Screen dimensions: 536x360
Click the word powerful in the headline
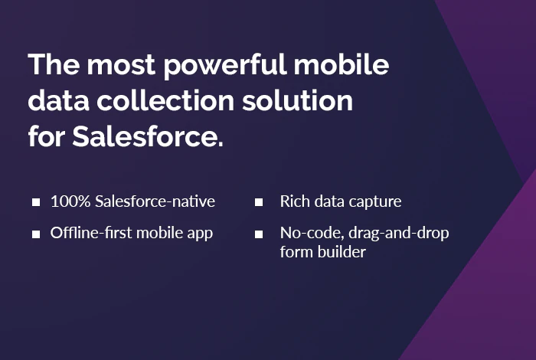[x=225, y=64]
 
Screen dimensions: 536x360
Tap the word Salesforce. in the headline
[x=148, y=136]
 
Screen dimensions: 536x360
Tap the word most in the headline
[x=121, y=66]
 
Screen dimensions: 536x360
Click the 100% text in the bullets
[x=70, y=201]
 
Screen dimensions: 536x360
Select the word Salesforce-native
[x=155, y=201]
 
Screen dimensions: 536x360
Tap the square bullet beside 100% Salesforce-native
[x=36, y=202]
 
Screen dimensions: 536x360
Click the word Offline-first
[x=91, y=233]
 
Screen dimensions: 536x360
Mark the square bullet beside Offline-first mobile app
[x=36, y=234]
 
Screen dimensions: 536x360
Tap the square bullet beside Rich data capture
[x=259, y=202]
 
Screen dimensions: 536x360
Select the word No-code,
[x=312, y=234]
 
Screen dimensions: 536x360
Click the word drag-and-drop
[x=399, y=234]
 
